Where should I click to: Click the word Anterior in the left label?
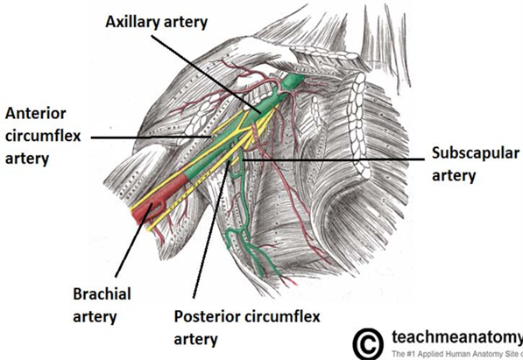tap(36, 114)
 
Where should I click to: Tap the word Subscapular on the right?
tap(476, 154)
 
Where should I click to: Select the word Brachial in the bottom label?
tap(102, 294)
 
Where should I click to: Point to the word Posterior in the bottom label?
tap(207, 316)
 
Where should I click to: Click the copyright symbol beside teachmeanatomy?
tap(368, 343)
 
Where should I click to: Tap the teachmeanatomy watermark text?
tap(457, 337)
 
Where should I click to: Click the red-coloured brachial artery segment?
tap(160, 198)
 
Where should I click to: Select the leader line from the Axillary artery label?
tap(207, 74)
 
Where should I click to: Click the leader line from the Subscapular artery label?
tap(333, 159)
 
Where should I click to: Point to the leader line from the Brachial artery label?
tap(133, 240)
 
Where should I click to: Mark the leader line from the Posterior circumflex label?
tap(211, 229)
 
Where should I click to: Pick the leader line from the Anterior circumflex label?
tap(151, 138)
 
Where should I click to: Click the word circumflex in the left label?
tap(43, 136)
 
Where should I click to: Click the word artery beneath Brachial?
tap(95, 317)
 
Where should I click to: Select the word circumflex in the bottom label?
tap(281, 316)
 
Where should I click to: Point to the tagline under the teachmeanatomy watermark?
tap(457, 353)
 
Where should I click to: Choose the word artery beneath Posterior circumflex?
tap(196, 339)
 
